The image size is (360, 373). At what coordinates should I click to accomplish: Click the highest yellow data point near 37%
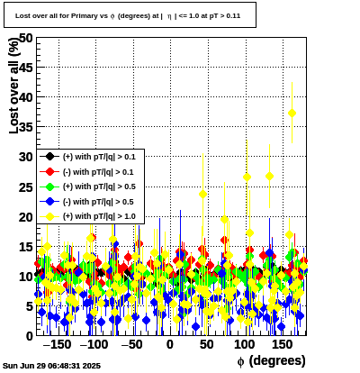point(292,114)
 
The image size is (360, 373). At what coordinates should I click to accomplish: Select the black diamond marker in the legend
point(49,157)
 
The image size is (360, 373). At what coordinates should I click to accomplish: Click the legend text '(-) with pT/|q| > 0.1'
point(98,172)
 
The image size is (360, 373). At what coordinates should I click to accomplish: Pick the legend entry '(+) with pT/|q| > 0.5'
point(99,186)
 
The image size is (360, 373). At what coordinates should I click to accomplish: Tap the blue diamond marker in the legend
point(49,202)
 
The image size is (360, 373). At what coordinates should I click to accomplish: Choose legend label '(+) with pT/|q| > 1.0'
point(99,216)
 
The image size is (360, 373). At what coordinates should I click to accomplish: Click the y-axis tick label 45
point(25,68)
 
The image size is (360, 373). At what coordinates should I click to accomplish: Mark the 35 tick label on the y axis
point(25,127)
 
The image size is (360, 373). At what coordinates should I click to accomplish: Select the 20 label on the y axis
point(25,217)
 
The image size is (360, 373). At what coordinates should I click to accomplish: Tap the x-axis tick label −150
point(58,344)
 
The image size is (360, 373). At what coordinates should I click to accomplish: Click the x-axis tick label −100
point(94,344)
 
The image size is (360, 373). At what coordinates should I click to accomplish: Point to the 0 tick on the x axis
point(170,344)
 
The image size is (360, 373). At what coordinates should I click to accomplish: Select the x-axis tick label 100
point(245,344)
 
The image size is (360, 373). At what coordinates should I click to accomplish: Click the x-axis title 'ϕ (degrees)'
point(272,360)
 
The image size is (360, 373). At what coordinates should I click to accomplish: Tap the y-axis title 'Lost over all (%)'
point(13,86)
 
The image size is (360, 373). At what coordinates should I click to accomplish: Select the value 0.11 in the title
point(233,16)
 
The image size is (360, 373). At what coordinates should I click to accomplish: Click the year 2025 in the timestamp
point(93,366)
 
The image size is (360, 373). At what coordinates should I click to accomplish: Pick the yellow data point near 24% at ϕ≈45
point(202,195)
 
